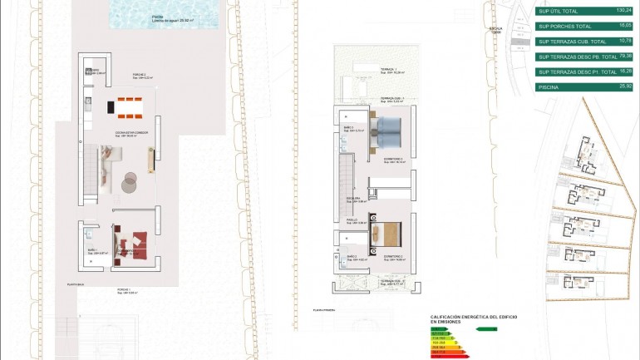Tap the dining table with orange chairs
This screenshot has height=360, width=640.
coord(130,106)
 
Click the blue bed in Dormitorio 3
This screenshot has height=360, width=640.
coord(387,131)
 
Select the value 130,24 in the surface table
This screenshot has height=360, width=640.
coord(623,11)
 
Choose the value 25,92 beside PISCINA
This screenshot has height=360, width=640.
coord(625,86)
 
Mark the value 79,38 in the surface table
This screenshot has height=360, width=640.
coord(624,57)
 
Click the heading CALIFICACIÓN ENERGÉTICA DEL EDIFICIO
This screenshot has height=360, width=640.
coord(468,318)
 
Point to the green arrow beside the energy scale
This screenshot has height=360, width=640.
coord(486,329)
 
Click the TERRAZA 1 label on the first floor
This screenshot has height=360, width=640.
coord(388,70)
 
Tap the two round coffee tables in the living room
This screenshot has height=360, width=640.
coord(129,181)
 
